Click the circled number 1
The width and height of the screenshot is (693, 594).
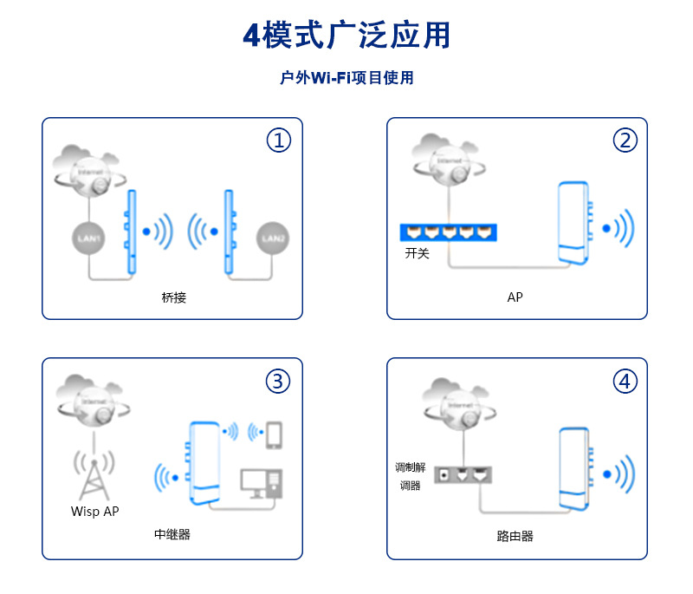[278, 140]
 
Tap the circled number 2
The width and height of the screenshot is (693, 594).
[625, 140]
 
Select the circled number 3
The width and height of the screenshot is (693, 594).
[278, 381]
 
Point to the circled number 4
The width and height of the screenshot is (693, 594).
[625, 381]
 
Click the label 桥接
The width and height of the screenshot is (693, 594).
[173, 297]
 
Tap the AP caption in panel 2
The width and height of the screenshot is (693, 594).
[515, 297]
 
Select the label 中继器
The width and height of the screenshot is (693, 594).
[172, 534]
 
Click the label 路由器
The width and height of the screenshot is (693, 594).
[515, 536]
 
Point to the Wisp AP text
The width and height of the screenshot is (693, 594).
[94, 512]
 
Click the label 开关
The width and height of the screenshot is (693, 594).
[417, 254]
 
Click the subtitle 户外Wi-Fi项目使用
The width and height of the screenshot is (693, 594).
[346, 78]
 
